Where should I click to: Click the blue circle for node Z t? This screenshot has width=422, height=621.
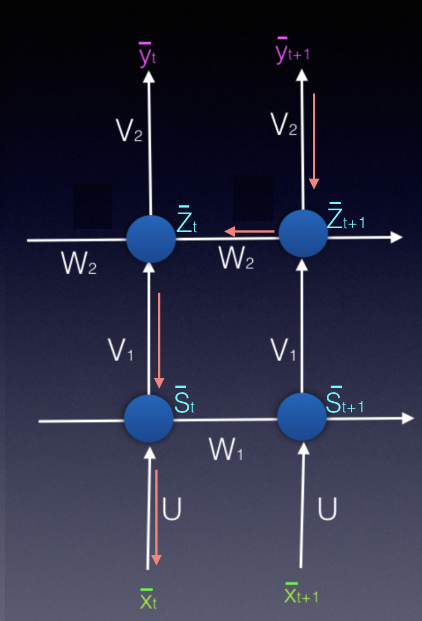151,239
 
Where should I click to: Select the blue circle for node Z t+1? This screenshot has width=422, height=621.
303,234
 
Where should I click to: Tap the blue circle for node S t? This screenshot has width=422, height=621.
149,418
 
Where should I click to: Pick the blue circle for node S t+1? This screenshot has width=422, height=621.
302,417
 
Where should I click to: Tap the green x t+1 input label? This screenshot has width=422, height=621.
301,595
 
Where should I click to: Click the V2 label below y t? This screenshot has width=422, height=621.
129,130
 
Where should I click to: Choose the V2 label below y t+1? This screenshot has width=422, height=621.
283,125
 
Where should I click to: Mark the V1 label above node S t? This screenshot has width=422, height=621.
121,349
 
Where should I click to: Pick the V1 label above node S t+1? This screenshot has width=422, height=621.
283,349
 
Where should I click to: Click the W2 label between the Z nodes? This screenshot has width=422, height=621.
237,258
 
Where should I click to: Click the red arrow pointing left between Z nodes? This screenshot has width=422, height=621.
249,231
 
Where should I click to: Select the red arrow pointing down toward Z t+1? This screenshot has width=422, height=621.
314,141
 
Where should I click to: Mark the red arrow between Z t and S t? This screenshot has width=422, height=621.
159,340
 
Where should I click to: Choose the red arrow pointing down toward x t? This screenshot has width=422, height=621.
156,517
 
